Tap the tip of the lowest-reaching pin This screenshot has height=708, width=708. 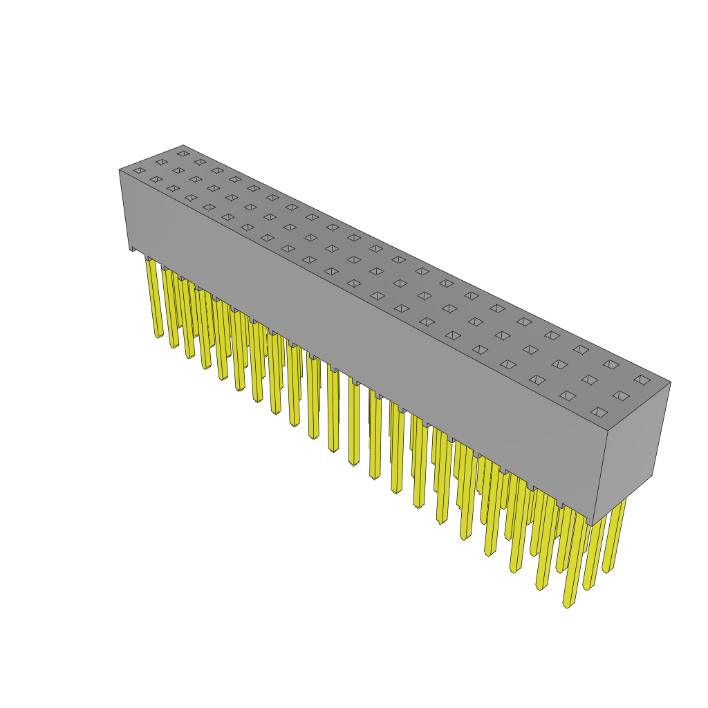click(568, 604)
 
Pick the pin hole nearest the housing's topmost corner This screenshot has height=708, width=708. click(183, 153)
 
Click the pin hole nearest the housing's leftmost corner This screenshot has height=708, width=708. click(139, 170)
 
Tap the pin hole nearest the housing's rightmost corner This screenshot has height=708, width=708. click(642, 380)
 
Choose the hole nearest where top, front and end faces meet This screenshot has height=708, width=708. click(599, 412)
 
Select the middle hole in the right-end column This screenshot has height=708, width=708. click(621, 395)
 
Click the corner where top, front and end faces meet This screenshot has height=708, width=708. click(608, 431)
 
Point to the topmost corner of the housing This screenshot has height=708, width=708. click(183, 146)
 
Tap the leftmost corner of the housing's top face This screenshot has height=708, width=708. click(120, 170)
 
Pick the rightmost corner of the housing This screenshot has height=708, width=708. click(670, 382)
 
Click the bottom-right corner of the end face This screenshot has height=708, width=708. click(652, 475)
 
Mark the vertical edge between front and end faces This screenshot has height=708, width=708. click(600, 477)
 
